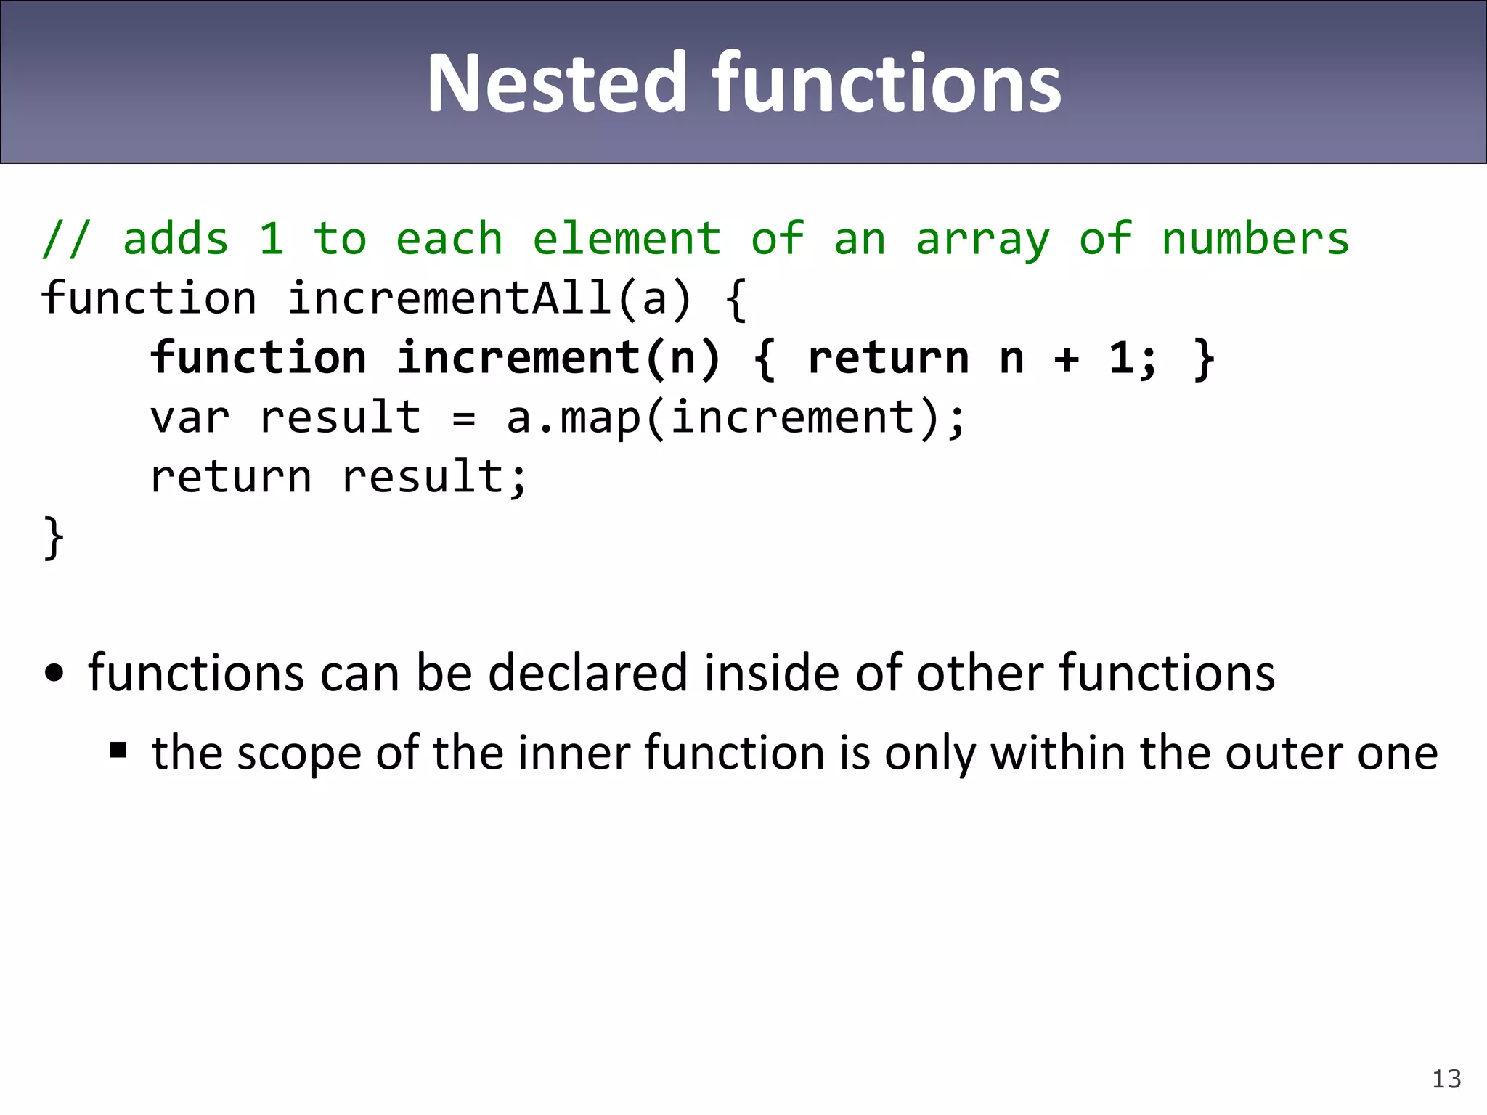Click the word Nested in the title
pyautogui.click(x=556, y=83)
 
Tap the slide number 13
pyautogui.click(x=1446, y=1079)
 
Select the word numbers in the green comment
pyautogui.click(x=1255, y=239)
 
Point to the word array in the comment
pyautogui.click(x=982, y=240)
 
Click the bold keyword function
pyautogui.click(x=258, y=358)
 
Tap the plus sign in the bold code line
pyautogui.click(x=1066, y=359)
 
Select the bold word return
pyautogui.click(x=887, y=358)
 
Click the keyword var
pyautogui.click(x=190, y=418)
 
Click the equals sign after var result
pyautogui.click(x=463, y=420)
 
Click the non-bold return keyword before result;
pyautogui.click(x=230, y=478)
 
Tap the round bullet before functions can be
pyautogui.click(x=54, y=673)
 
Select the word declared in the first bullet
pyautogui.click(x=587, y=673)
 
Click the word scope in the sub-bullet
pyautogui.click(x=298, y=753)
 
